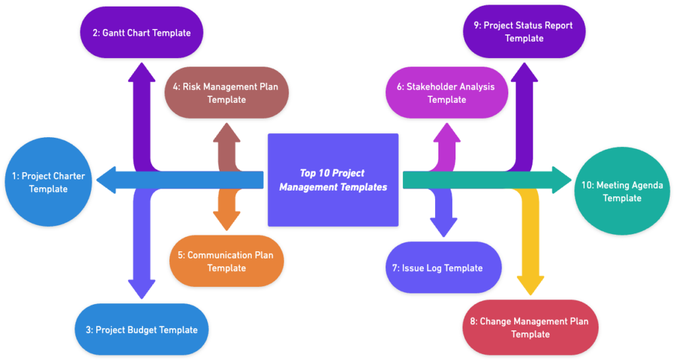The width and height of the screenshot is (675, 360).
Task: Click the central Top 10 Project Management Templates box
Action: tap(333, 179)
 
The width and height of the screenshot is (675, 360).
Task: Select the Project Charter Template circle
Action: tap(48, 183)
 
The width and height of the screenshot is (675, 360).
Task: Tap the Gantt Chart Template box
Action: tap(141, 32)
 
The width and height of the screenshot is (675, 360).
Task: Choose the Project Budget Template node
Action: tap(141, 330)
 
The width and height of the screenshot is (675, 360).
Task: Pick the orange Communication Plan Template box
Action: tap(226, 261)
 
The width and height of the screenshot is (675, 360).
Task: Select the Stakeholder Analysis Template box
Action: tap(446, 93)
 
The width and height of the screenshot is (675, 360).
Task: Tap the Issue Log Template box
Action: tap(443, 268)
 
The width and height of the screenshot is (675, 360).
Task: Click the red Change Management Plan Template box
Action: tap(530, 327)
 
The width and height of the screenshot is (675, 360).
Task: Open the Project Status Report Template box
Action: tap(524, 32)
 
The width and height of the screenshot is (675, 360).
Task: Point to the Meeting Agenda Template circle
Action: tap(622, 191)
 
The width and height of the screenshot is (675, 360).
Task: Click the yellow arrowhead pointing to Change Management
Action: tap(530, 285)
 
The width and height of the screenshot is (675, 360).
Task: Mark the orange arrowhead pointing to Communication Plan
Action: tap(226, 222)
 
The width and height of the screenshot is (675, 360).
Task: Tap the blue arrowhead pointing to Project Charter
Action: tap(107, 179)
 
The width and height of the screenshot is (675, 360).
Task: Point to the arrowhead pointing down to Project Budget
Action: tap(141, 289)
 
